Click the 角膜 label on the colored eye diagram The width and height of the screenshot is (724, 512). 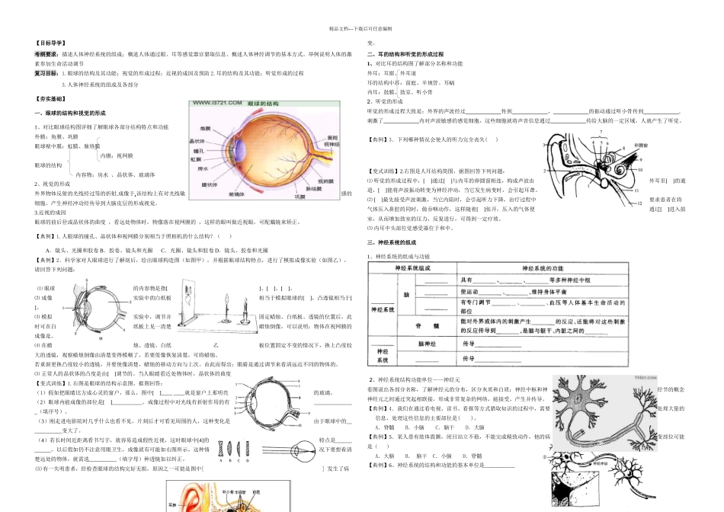pyautogui.click(x=205, y=128)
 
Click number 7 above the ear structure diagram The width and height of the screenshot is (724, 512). pyautogui.click(x=601, y=132)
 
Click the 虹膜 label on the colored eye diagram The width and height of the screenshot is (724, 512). pyautogui.click(x=197, y=160)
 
